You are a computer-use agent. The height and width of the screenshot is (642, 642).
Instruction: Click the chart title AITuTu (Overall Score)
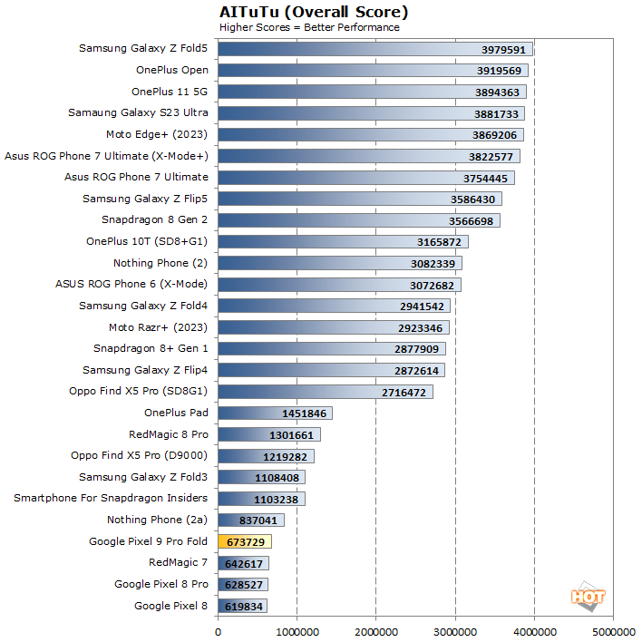tap(314, 12)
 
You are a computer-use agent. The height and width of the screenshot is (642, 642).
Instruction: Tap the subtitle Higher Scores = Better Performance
tap(309, 27)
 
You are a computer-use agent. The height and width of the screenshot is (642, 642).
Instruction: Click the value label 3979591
tap(501, 49)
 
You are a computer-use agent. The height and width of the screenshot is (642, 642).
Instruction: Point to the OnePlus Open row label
tap(172, 70)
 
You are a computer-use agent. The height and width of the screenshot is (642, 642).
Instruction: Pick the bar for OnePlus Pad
tap(275, 413)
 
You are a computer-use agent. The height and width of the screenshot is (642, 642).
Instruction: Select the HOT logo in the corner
tap(588, 596)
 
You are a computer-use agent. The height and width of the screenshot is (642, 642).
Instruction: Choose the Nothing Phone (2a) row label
tap(158, 520)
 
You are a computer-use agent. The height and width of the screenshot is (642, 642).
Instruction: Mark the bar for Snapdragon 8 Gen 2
tap(358, 220)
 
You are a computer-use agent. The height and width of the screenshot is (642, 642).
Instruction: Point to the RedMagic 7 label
tap(179, 562)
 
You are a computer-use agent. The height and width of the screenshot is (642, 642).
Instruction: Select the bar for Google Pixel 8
tap(242, 606)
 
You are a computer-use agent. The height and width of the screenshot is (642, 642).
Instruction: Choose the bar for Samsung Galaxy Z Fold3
tap(261, 477)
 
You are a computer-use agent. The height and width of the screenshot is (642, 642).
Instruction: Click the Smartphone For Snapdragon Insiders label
tap(111, 498)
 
